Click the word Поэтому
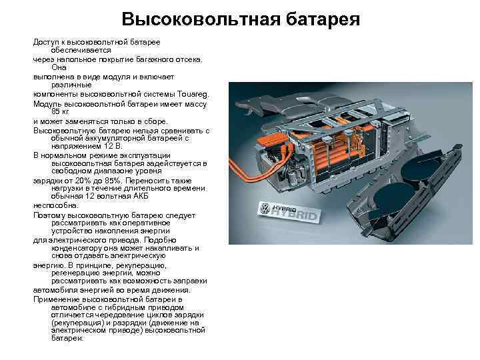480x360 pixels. click(48, 216)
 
